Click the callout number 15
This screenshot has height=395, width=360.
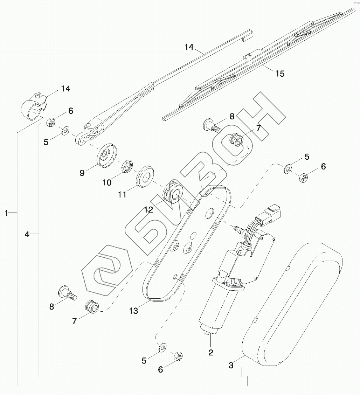click(280, 74)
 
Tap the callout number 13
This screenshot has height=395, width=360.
click(133, 310)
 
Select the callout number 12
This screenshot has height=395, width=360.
click(149, 210)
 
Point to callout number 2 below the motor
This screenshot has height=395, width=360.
click(210, 352)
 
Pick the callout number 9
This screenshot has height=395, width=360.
click(82, 173)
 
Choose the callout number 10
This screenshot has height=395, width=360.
click(107, 182)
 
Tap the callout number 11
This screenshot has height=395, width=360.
click(122, 194)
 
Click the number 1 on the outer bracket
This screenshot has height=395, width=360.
click(6, 213)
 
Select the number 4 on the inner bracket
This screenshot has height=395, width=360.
click(27, 234)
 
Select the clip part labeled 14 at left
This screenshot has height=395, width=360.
click(33, 106)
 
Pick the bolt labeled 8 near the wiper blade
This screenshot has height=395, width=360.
click(211, 125)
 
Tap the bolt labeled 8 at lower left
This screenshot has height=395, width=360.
click(67, 292)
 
